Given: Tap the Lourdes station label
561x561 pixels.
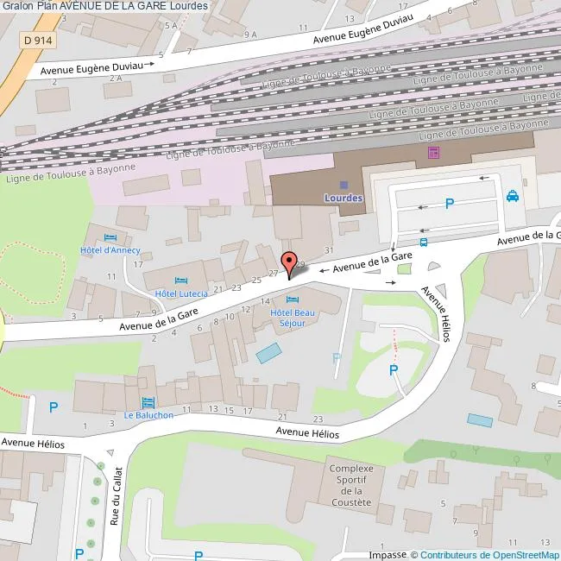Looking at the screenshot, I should tap(344, 198).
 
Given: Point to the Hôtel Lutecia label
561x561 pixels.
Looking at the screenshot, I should tap(176, 293).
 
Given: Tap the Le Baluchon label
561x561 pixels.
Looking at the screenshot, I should tap(148, 414).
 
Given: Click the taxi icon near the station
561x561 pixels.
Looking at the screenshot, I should tap(513, 196).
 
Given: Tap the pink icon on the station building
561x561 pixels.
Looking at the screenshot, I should tap(432, 153).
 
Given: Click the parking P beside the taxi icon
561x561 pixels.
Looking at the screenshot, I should tap(448, 204).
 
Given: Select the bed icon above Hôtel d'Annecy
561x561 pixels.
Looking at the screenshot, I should tap(109, 238).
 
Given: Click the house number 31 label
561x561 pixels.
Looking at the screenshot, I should tap(328, 249).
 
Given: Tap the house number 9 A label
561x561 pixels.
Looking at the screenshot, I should tap(251, 35).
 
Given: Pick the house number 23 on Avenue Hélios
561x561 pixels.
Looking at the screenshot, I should tap(318, 418).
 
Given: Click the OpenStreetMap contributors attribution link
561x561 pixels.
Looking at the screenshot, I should tap(489, 555).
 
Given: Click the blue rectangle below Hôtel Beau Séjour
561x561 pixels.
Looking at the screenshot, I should tap(268, 352).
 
